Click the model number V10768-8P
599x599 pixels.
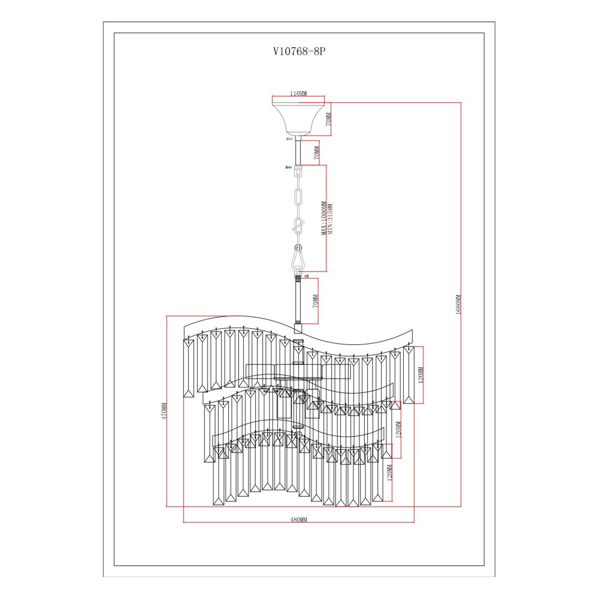299,52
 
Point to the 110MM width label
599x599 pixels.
298,93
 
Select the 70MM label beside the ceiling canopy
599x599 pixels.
328,119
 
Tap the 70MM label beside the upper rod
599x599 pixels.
316,153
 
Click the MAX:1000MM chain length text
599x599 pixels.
324,219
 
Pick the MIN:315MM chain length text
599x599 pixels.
331,219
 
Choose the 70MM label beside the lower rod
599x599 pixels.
315,301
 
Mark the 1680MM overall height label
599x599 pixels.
458,304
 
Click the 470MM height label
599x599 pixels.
164,411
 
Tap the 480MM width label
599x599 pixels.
299,519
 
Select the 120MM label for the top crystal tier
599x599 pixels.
420,375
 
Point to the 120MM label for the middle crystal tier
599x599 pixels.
398,429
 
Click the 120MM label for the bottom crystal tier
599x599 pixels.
390,473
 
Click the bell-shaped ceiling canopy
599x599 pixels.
298,119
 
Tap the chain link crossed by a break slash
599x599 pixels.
298,226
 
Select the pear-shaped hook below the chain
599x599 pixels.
297,258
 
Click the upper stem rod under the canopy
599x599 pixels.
298,152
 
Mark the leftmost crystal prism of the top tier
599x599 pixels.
188,368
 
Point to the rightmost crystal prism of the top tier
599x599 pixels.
409,375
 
